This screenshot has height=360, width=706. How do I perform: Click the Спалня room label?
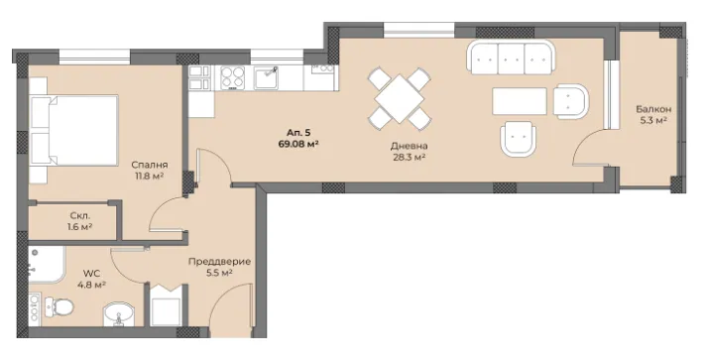click(150, 165)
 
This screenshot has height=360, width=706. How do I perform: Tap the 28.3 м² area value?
click(409, 158)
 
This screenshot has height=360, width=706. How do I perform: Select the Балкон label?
click(653, 109)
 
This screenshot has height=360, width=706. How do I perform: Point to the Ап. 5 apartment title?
click(299, 133)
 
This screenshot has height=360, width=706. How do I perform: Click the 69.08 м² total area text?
click(299, 144)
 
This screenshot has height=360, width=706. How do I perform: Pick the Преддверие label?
click(220, 262)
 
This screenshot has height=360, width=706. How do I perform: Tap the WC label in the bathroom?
click(91, 273)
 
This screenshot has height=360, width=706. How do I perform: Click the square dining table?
click(400, 98)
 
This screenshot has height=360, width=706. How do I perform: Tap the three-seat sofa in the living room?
click(511, 58)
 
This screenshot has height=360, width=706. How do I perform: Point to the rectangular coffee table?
click(520, 101)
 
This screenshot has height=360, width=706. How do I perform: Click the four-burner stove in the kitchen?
click(232, 77)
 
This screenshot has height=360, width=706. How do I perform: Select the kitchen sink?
click(267, 77)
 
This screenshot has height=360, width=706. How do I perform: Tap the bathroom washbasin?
click(118, 314)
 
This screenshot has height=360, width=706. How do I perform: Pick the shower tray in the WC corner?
click(47, 265)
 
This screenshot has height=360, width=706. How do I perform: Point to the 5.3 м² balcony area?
click(653, 120)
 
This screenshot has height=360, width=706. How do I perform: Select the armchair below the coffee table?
click(519, 139)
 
